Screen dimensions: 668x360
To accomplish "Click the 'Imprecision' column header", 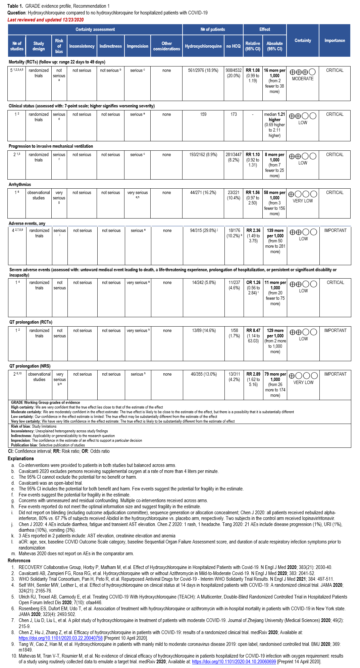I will click(137, 46).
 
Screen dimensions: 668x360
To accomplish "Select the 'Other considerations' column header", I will click(166, 46).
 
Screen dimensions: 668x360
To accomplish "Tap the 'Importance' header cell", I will click(335, 41).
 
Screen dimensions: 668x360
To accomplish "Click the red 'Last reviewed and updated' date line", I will click(46, 20).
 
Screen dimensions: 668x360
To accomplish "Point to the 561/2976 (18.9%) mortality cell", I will click(203, 70).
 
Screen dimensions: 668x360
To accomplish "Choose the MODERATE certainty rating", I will click(303, 79).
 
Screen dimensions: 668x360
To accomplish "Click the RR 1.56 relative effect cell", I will click(253, 198).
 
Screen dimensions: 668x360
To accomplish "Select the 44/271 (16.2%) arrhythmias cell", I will click(203, 193).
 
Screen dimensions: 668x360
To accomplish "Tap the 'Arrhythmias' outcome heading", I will click(20, 185).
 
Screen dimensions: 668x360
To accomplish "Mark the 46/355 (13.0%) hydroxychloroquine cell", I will click(204, 374).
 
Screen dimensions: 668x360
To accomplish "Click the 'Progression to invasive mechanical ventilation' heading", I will click(51, 146).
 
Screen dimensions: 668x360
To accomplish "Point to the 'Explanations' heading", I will click(21, 459).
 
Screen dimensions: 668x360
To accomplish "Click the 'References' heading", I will click(19, 561).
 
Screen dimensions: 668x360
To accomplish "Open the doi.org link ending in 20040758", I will click(60, 638).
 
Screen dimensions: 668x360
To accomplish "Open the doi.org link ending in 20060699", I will click(234, 662).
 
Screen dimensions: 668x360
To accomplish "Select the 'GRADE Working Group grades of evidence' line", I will click(45, 402).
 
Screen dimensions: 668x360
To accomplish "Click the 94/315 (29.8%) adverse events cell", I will click(204, 231).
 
